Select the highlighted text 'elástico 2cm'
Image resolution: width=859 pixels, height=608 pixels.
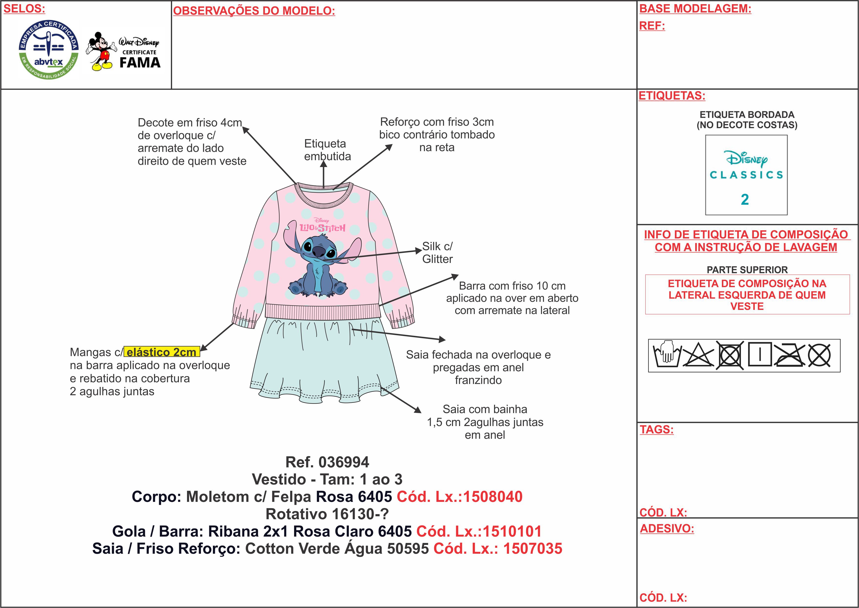coord(162,352)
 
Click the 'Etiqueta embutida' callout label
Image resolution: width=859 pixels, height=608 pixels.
coord(327,150)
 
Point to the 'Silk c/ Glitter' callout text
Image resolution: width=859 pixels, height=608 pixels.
coord(437,253)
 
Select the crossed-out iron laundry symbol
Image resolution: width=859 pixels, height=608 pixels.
coord(789,355)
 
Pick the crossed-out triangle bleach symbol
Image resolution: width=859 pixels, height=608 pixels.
coord(698,355)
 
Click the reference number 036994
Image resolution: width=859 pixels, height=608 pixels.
coord(343,462)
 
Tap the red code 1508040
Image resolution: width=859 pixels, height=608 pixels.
coord(493,497)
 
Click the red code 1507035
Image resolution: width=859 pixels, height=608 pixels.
coord(533,549)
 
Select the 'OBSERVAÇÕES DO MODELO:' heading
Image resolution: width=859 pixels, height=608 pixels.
coord(254,11)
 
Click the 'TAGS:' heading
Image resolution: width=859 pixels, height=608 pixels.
coord(657,429)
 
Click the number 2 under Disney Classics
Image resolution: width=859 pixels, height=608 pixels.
coord(745,200)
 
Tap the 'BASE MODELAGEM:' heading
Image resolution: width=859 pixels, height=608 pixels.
coord(695,9)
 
